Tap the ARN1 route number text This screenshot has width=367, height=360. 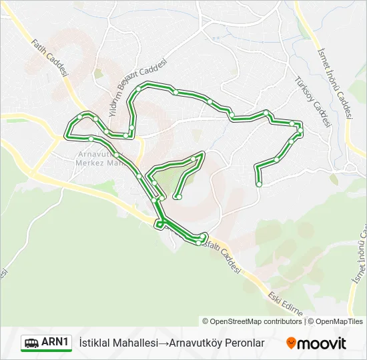pos(56,343)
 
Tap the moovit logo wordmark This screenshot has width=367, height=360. pos(322,343)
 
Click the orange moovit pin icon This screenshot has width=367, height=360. pos(292,343)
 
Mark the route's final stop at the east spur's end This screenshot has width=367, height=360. pos(259,184)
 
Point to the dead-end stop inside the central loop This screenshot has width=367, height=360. pos(177,197)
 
